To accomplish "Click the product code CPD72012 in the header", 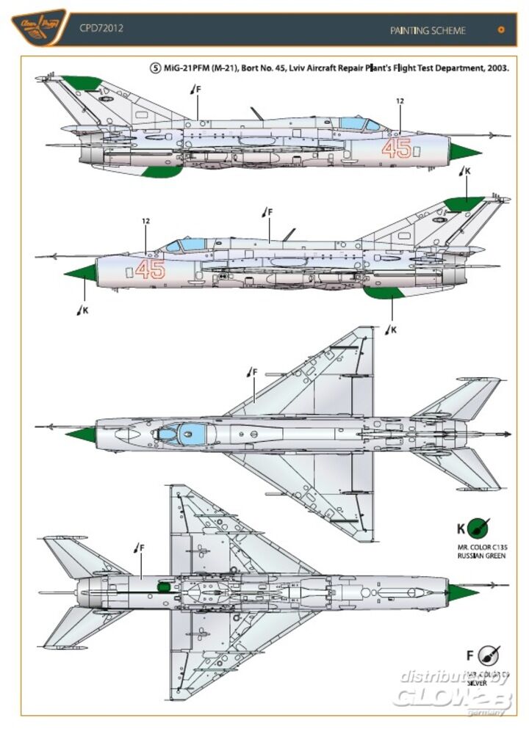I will (x=101, y=29).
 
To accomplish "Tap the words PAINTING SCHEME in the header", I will (x=428, y=30).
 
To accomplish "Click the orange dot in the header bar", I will (x=502, y=30).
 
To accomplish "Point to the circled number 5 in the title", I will (x=154, y=68).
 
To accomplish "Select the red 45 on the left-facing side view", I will (x=150, y=269).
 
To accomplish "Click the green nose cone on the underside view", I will (x=461, y=592).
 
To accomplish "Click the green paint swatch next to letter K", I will (x=479, y=527).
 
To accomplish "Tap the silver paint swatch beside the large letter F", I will (x=487, y=655).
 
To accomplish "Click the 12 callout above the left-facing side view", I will (x=145, y=221).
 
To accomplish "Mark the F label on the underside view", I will (x=141, y=547).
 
